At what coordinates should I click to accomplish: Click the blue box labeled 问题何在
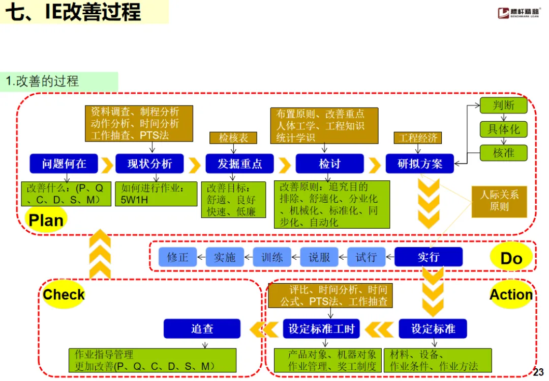64,164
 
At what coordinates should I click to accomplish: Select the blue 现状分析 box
149,164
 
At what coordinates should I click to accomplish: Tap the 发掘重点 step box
240,164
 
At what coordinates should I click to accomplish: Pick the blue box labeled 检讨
329,164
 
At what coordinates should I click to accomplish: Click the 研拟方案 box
419,164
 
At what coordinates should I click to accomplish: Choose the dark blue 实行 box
429,257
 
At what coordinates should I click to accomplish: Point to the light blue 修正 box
177,257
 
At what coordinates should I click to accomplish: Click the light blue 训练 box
271,257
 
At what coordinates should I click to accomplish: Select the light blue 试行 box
366,257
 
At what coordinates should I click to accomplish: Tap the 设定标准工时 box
321,329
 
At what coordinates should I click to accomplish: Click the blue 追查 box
202,329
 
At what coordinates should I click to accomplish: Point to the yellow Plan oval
46,220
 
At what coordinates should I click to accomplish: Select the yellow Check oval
64,294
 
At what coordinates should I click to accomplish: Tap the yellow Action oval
511,294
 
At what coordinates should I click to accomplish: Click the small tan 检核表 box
233,138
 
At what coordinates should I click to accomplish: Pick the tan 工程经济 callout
418,138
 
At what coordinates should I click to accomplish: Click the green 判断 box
504,105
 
